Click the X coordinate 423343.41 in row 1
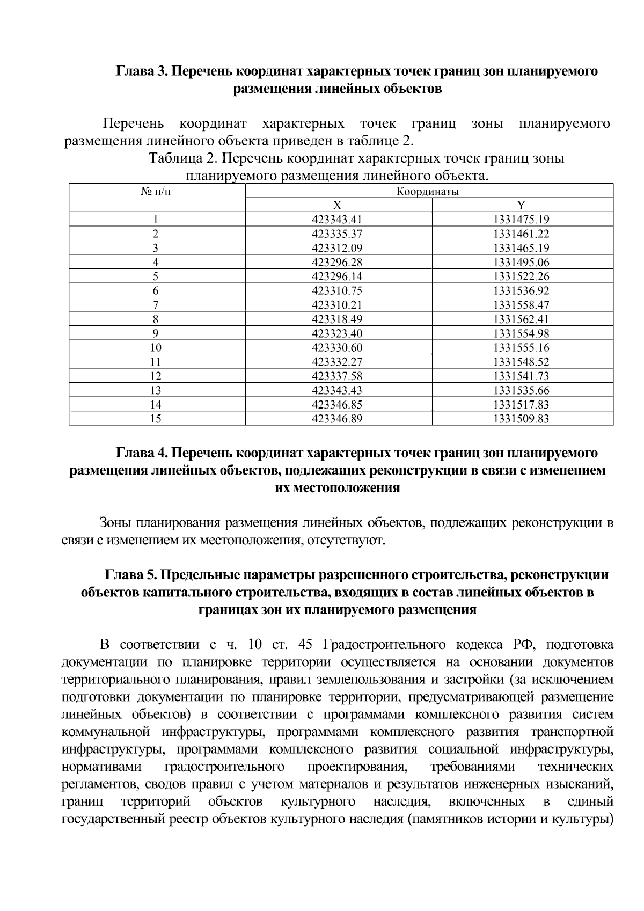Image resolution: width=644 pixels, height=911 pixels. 337,220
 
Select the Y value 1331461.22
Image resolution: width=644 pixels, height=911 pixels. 521,234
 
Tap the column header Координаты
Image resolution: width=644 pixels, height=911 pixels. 428,192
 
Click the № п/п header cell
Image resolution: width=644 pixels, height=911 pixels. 156,192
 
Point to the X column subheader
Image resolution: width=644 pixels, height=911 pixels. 337,205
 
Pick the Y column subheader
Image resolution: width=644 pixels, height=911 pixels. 521,205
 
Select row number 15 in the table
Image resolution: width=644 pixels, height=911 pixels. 156,419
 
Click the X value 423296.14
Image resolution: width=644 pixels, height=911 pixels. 337,277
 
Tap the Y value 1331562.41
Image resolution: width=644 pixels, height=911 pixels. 521,319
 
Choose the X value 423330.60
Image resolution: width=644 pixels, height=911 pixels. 337,348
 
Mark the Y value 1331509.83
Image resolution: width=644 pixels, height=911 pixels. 521,419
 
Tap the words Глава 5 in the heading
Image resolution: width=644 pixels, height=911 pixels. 129,575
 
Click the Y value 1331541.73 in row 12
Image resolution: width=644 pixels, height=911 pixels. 521,376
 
